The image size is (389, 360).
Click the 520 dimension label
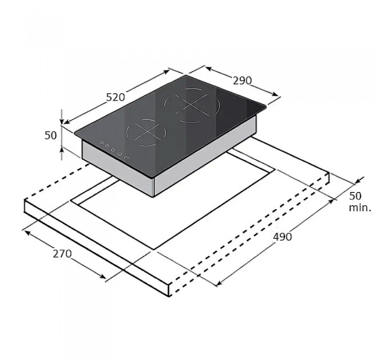116,97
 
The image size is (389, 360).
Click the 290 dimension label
242,81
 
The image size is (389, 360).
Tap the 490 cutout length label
283,237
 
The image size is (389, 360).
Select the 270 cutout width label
62,254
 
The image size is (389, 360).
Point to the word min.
360,207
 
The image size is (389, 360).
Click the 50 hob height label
50,135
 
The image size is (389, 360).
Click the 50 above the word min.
355,196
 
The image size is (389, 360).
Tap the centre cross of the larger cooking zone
190,105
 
